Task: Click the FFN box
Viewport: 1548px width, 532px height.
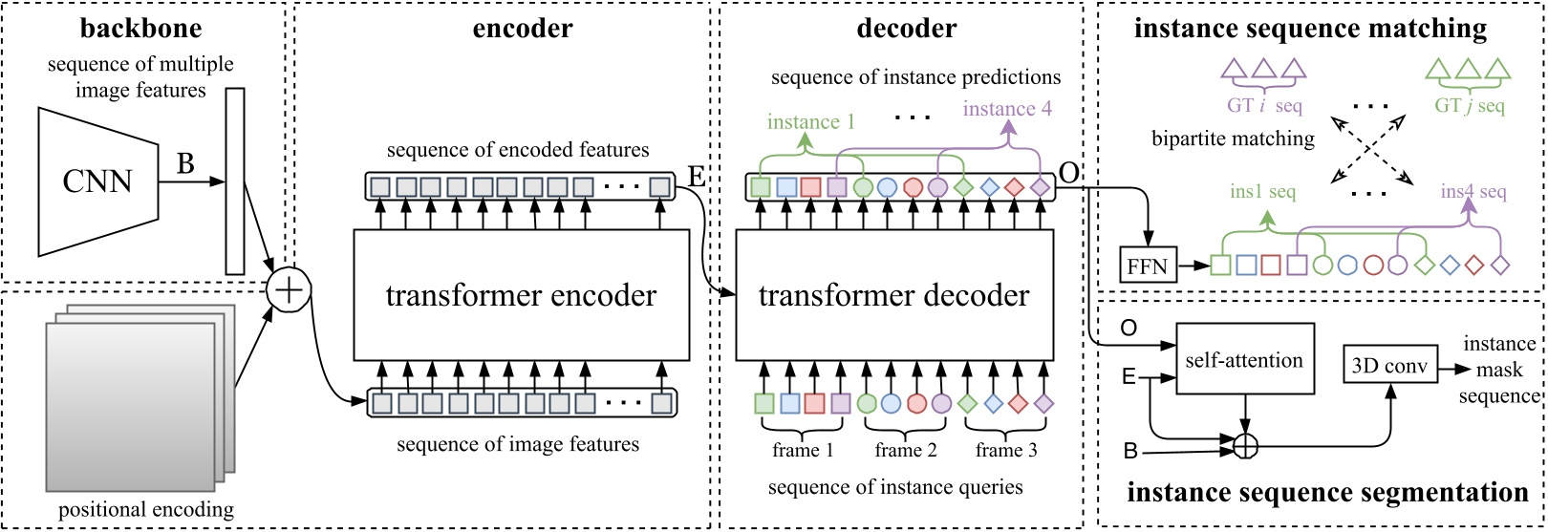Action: tap(1148, 266)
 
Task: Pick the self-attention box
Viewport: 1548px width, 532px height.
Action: tap(1244, 359)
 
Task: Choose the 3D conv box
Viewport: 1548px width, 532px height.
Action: tap(1390, 366)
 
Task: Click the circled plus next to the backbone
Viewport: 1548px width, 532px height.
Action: tap(290, 287)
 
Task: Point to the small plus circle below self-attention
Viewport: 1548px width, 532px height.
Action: tap(1244, 443)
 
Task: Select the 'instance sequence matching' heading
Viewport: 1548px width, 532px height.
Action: tap(1310, 29)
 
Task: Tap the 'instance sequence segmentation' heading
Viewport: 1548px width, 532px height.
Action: tap(1327, 493)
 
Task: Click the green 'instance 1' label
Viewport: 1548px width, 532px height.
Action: tap(811, 121)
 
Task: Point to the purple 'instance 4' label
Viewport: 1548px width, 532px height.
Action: tap(1007, 109)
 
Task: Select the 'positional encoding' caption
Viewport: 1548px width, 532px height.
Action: tap(145, 509)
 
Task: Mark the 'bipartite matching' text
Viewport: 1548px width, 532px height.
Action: tap(1233, 139)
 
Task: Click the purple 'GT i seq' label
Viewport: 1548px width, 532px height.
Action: tap(1264, 106)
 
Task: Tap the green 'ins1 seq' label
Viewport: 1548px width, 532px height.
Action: tap(1262, 192)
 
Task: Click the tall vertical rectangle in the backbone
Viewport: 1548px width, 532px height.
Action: tap(235, 181)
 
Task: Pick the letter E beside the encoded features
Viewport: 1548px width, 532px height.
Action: tap(697, 179)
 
